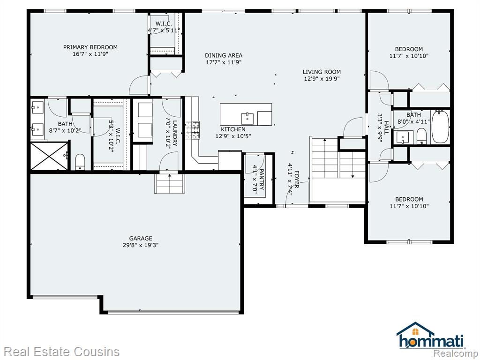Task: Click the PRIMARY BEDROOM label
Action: pos(90,47)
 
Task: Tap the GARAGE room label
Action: pos(141,238)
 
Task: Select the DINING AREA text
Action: pos(224,55)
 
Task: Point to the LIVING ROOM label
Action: pos(322,72)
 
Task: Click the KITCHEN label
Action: pos(233,129)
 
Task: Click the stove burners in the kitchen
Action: pos(192,130)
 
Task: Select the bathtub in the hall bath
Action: pos(440,127)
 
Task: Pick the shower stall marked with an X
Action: pos(49,156)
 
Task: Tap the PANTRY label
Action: pos(262,180)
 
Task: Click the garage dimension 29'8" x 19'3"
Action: pos(141,245)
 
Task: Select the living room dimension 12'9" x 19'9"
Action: pos(322,79)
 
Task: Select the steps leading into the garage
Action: pos(170,183)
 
